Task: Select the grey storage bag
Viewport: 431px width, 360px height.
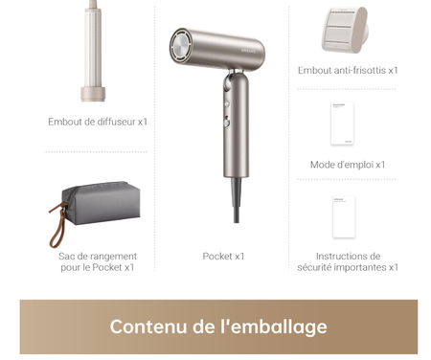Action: click(x=101, y=203)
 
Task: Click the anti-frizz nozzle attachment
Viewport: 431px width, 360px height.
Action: click(x=346, y=31)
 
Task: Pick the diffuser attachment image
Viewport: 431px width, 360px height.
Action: click(x=97, y=53)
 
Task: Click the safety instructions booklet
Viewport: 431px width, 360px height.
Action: click(x=345, y=216)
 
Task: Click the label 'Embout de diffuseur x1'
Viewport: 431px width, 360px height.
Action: click(x=98, y=123)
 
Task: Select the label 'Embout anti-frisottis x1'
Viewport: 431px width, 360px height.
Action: click(x=347, y=70)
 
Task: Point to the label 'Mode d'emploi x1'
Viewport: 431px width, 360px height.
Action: click(x=347, y=165)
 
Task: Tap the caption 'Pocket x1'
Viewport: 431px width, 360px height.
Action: click(x=223, y=257)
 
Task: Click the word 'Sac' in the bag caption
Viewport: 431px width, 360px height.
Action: click(x=67, y=257)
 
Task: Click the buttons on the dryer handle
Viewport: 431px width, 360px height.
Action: click(x=227, y=108)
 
